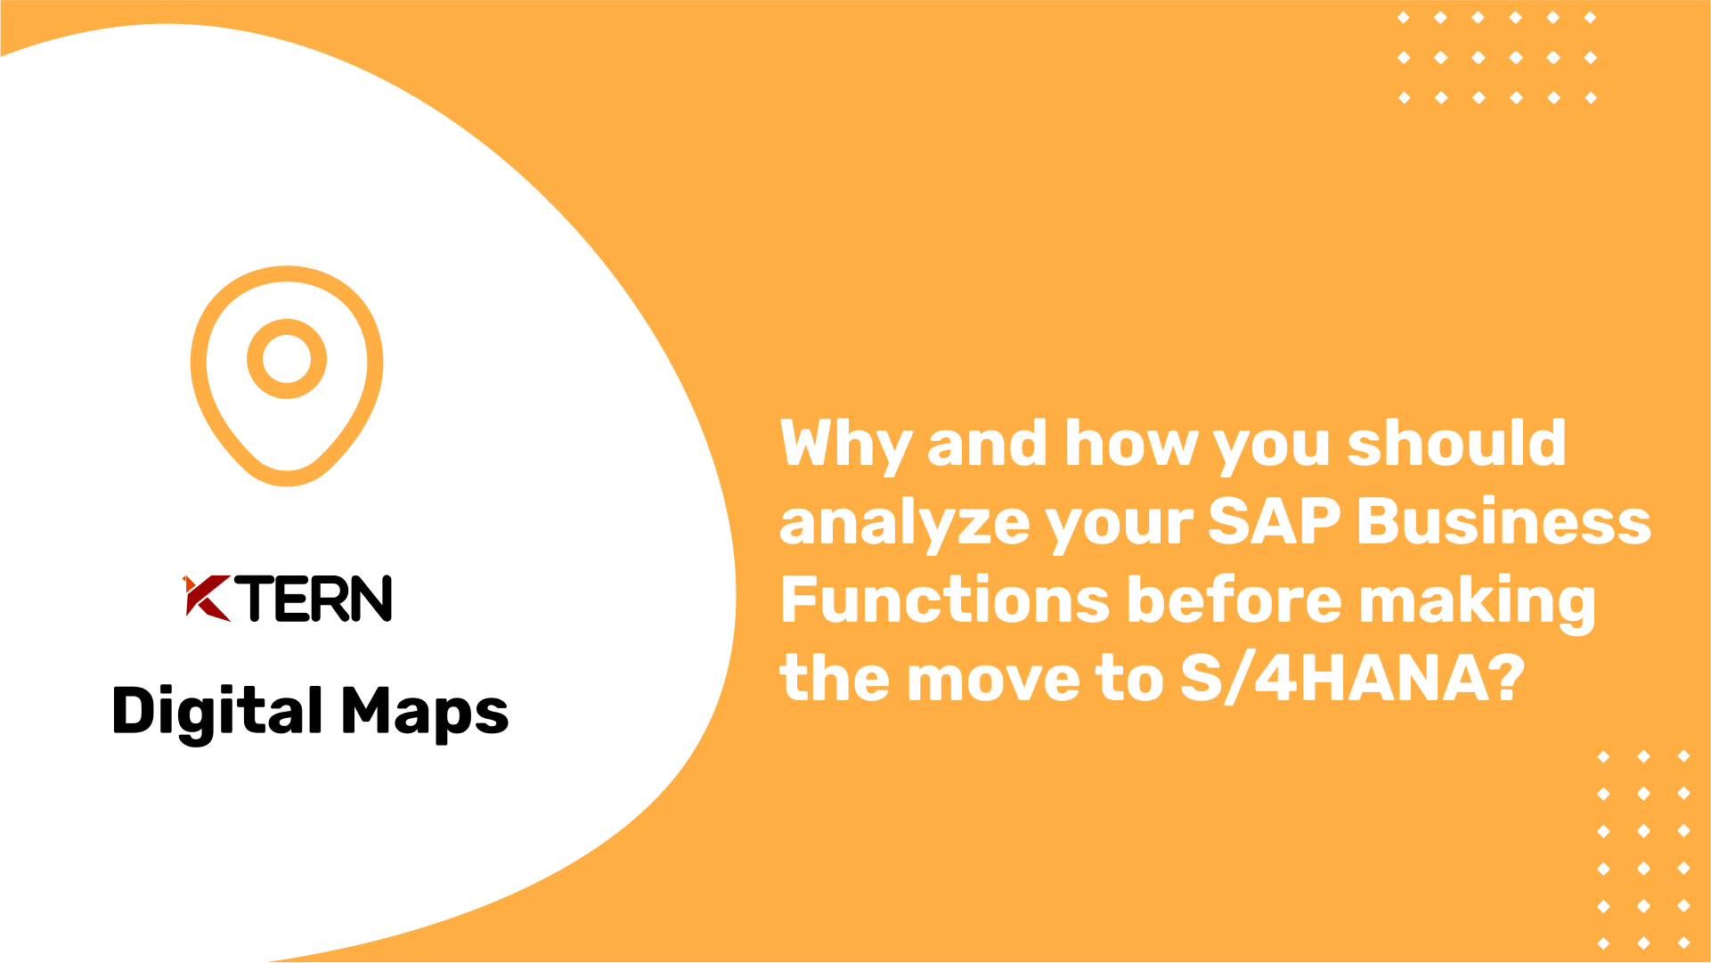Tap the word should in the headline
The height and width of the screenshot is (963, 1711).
[x=1456, y=443]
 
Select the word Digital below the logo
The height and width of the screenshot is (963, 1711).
[x=217, y=713]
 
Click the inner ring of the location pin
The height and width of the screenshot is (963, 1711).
[x=287, y=359]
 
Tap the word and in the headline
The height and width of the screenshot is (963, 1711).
[x=987, y=443]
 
